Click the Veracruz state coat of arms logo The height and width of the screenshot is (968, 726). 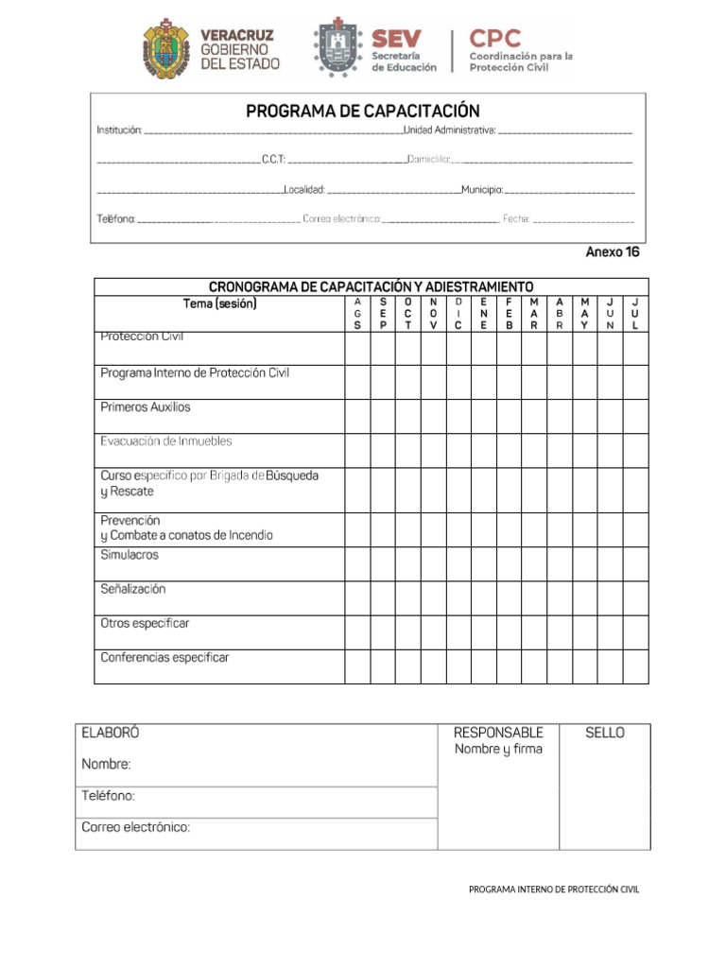click(x=165, y=48)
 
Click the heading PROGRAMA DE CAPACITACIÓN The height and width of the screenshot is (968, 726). click(x=363, y=112)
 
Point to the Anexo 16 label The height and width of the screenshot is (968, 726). click(x=613, y=252)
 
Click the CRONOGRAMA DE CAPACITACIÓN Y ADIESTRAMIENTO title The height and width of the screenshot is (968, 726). click(x=371, y=286)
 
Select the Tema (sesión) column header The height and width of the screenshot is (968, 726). click(x=219, y=304)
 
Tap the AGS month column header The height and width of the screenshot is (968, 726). click(x=357, y=314)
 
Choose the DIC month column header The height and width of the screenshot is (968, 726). click(x=458, y=314)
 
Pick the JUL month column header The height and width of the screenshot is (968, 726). click(x=635, y=314)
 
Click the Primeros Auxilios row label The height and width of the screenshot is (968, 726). click(x=146, y=407)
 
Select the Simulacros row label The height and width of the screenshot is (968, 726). click(x=130, y=555)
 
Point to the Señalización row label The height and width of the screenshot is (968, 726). click(x=133, y=589)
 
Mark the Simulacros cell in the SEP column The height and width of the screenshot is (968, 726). click(x=383, y=564)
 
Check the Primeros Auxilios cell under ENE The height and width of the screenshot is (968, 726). click(x=484, y=417)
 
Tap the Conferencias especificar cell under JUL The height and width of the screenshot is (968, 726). click(x=635, y=666)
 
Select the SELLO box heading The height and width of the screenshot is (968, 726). click(x=605, y=733)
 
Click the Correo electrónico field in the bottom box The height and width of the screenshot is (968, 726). click(x=136, y=827)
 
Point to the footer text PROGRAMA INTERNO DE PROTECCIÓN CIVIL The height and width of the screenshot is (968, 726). click(x=554, y=890)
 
